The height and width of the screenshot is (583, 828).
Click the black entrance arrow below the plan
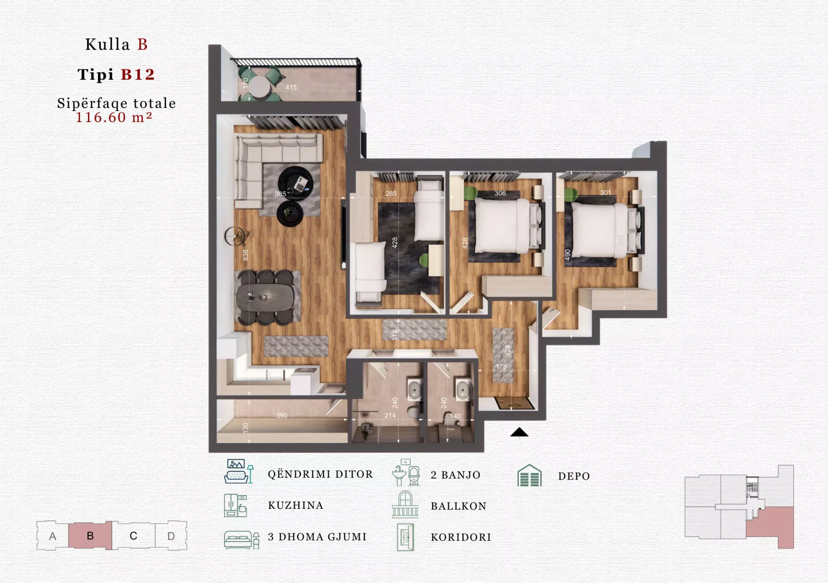[519, 432]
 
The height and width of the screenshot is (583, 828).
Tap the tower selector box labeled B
[90, 536]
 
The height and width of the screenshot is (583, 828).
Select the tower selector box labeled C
[134, 536]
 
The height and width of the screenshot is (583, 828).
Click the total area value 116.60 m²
[114, 117]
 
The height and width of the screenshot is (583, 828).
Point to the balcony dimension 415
[291, 88]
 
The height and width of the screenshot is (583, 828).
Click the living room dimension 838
[245, 255]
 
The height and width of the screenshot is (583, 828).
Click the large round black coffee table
[295, 183]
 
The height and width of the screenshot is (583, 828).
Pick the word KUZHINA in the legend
[296, 505]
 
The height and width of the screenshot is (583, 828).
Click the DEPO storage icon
[529, 476]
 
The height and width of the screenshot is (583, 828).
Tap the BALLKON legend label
[458, 506]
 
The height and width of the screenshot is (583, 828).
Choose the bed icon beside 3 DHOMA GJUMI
[241, 539]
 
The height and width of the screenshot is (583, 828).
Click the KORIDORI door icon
[405, 537]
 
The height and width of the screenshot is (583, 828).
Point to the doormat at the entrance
[514, 403]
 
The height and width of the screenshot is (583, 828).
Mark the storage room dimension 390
[282, 416]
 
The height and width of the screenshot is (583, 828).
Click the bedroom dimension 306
[500, 193]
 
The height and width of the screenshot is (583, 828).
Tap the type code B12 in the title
[138, 75]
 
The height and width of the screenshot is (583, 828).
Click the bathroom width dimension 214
[390, 416]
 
